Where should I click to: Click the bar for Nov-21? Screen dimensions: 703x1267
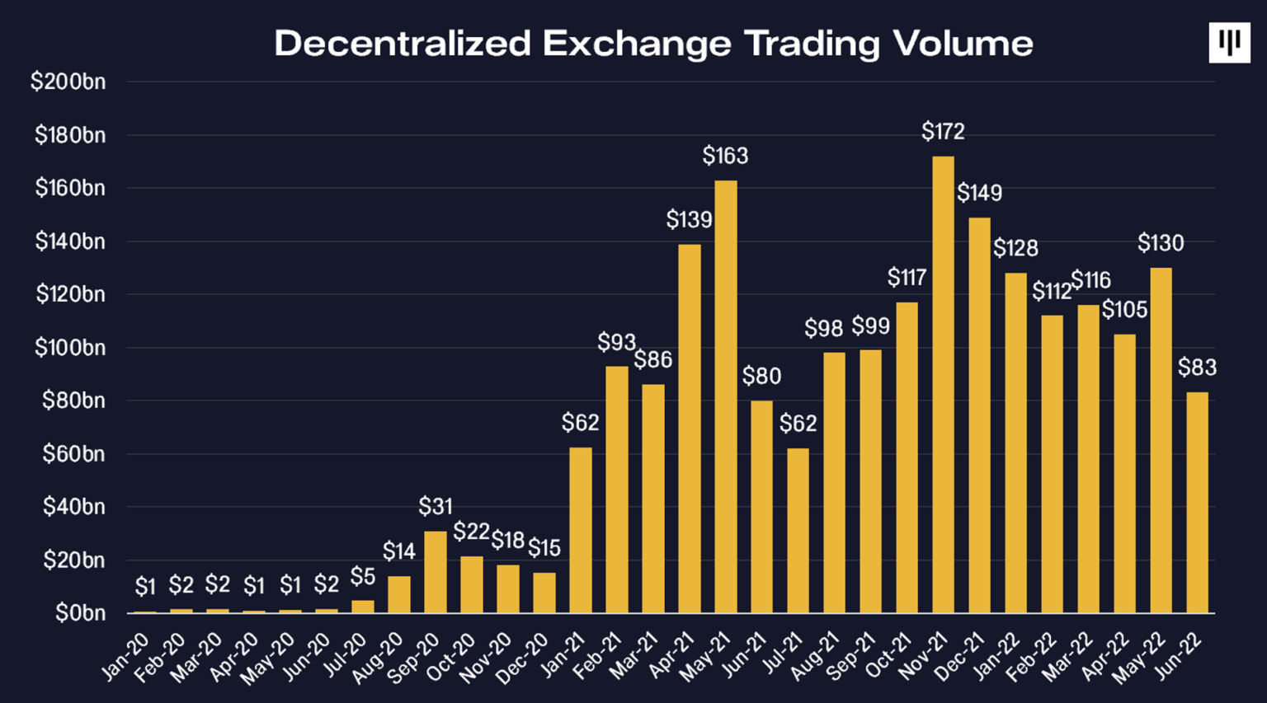pos(943,384)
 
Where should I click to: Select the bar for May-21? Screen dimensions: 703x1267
pos(725,396)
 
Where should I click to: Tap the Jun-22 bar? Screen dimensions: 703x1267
pos(1197,502)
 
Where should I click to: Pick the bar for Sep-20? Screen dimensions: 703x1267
pos(436,572)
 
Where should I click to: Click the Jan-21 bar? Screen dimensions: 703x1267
pos(581,530)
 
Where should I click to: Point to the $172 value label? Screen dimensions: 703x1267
pos(943,131)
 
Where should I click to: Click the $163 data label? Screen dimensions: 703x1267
pos(725,155)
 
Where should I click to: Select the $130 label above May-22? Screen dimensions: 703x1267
pos(1161,243)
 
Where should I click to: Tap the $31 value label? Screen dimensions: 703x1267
pos(436,506)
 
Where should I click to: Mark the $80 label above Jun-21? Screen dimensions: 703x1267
pos(761,377)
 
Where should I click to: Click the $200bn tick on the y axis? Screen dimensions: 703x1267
pos(68,82)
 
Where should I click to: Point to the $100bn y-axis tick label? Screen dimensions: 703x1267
pos(70,348)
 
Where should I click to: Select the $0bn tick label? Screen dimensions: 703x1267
pos(80,613)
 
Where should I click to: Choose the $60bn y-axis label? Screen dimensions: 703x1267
pos(73,454)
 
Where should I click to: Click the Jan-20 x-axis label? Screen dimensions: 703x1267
pos(126,657)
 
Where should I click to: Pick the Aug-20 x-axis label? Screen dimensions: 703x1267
pos(379,658)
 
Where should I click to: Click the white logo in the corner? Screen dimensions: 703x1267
pos(1229,43)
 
